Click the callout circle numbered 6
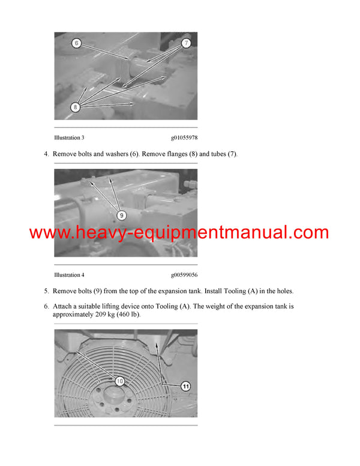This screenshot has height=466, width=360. (x=76, y=43)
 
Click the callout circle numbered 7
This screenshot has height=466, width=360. (x=187, y=43)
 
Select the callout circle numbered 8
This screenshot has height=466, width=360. (x=76, y=107)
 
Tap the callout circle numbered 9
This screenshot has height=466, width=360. (x=121, y=214)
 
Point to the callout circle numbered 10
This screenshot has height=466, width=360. (x=119, y=381)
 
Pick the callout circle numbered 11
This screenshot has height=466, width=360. (x=186, y=387)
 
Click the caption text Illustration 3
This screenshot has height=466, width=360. (x=69, y=138)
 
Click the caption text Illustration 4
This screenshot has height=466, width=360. (x=69, y=275)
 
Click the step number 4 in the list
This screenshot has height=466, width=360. (x=46, y=154)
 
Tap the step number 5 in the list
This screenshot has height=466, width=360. (x=46, y=291)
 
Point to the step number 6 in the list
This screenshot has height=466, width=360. (x=46, y=306)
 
